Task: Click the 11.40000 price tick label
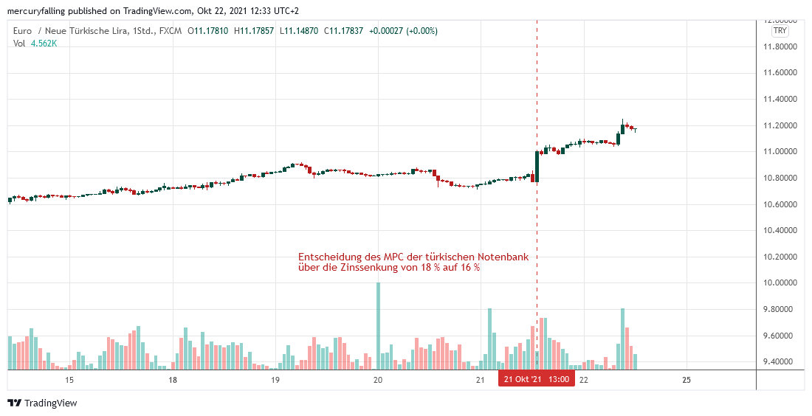780,99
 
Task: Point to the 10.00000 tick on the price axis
780,283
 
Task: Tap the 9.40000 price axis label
780,362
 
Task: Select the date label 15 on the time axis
69,380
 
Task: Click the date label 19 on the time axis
275,380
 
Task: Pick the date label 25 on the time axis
687,380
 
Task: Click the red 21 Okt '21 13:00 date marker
537,380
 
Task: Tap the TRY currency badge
780,31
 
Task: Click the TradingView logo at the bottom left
42,403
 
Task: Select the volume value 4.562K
44,44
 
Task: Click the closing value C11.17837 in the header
340,31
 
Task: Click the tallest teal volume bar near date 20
378,325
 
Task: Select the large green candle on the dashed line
537,166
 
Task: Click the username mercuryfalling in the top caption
36,11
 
